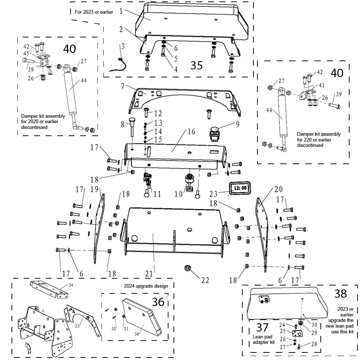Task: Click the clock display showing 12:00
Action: (x=240, y=188)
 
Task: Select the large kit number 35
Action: (x=197, y=65)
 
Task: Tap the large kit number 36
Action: (x=158, y=302)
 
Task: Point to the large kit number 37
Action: (x=262, y=328)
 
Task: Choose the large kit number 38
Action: (x=341, y=293)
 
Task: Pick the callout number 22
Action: (x=205, y=280)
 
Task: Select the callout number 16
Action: (x=191, y=132)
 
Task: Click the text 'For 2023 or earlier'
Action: (x=94, y=12)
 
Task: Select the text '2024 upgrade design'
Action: (x=146, y=286)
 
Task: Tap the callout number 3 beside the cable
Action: (x=123, y=46)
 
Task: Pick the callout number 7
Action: (x=122, y=86)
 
